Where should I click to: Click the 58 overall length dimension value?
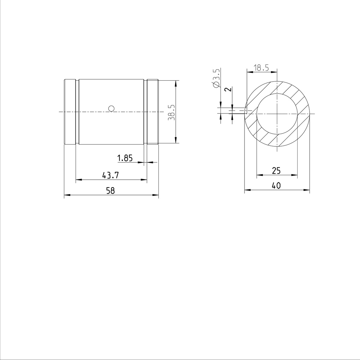coord(111,190)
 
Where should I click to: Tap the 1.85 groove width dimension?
coord(125,158)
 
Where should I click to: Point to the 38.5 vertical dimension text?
coord(171,113)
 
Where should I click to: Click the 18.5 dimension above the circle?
coord(261,68)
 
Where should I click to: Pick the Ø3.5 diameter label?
coord(217,78)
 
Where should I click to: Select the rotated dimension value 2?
coord(228,89)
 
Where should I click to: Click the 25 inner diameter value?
coord(276,171)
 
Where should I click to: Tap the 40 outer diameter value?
coord(276,186)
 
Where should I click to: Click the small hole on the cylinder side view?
coord(111,108)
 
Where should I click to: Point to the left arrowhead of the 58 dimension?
coord(67,195)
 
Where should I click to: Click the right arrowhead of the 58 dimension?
coord(156,195)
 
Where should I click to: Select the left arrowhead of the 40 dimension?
coord(247,190)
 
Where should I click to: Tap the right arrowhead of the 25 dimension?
coord(295,175)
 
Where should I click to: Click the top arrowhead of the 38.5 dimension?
coord(175,83)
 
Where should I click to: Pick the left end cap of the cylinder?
coord(70,112)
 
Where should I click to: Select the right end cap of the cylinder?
coord(153,112)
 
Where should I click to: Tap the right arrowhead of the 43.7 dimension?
coord(145,180)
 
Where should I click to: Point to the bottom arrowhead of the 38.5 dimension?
coord(175,141)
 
